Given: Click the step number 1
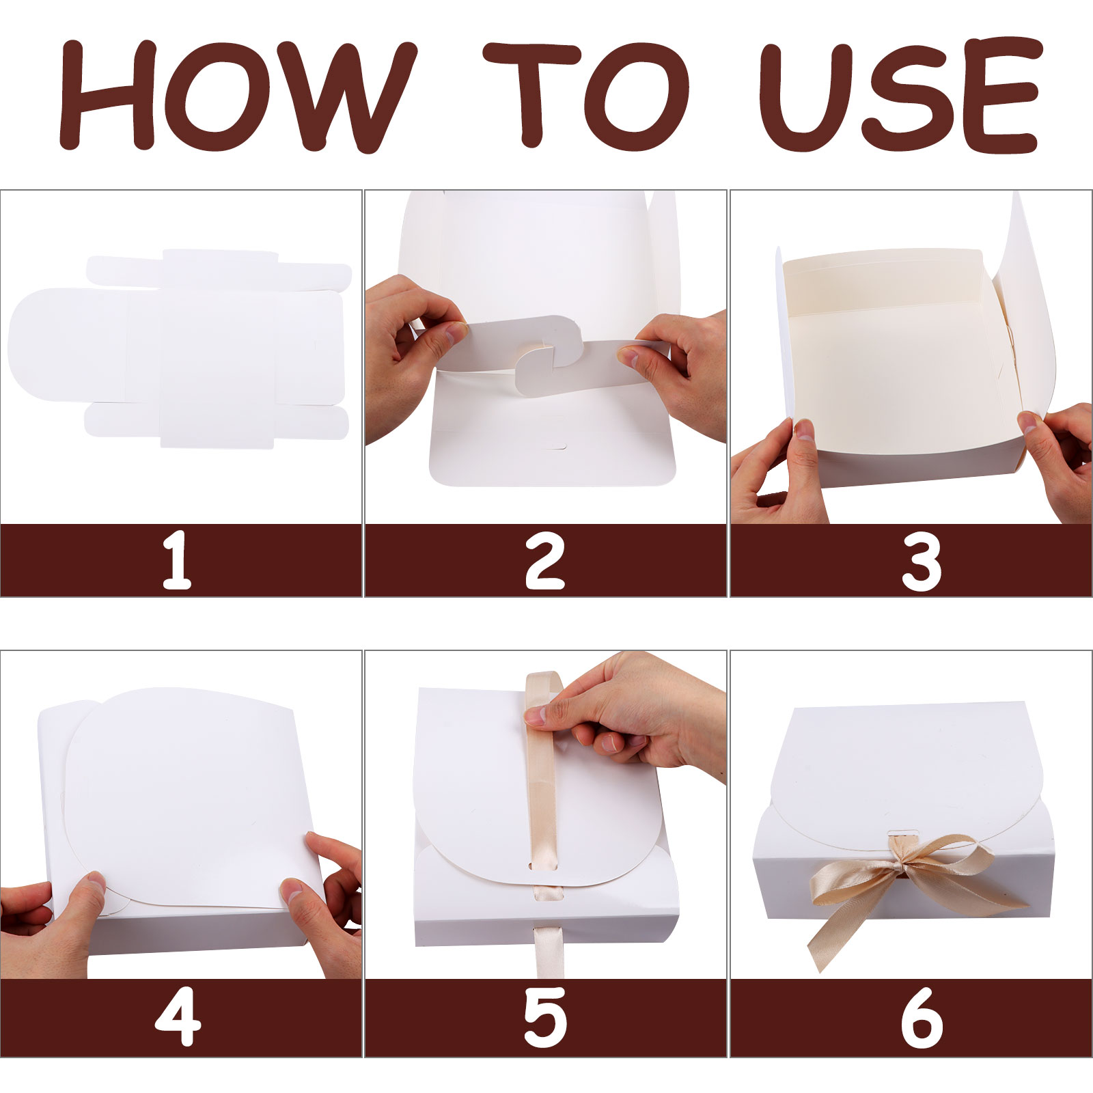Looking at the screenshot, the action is tap(178, 562).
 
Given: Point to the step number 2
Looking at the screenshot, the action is tap(545, 562).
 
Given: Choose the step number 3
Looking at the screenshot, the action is tap(922, 562).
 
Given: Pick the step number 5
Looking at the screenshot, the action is tap(545, 1019).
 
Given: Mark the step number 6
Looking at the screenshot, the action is tap(922, 1019).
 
